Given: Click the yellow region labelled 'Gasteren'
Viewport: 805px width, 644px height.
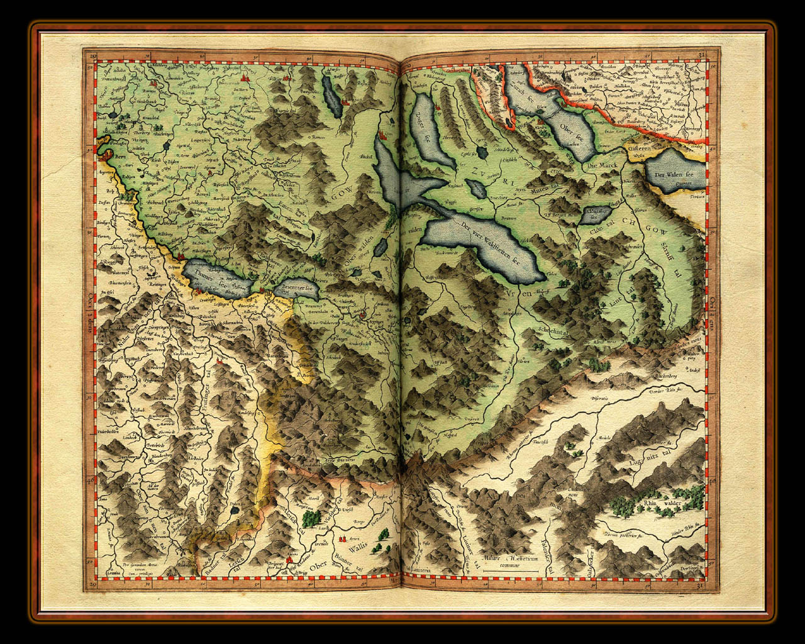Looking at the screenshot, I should click(x=641, y=150).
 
